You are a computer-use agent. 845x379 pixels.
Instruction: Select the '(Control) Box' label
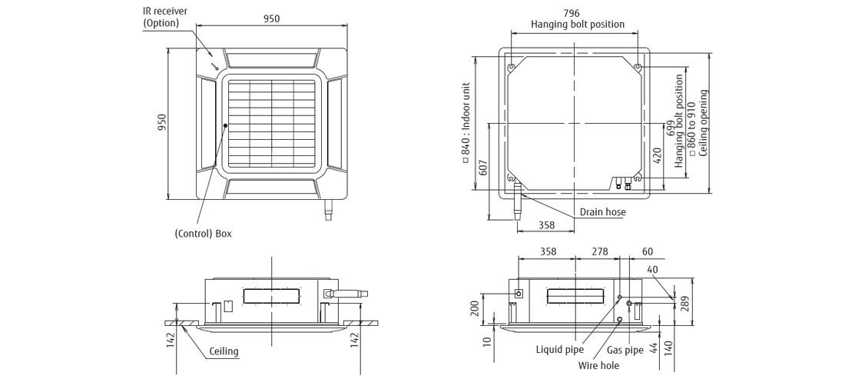pyautogui.click(x=203, y=233)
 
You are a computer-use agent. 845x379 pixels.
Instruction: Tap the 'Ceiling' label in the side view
pyautogui.click(x=224, y=352)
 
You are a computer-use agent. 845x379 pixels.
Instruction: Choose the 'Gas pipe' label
pyautogui.click(x=625, y=351)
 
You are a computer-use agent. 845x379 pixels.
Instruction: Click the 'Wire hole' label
pyautogui.click(x=598, y=366)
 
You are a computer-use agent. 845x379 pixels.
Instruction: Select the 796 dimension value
pyautogui.click(x=572, y=13)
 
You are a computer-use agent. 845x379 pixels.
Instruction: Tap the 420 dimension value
pyautogui.click(x=656, y=156)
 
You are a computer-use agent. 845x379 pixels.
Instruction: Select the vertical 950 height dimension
pyautogui.click(x=162, y=123)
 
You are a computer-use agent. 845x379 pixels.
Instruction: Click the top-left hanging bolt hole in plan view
pyautogui.click(x=512, y=68)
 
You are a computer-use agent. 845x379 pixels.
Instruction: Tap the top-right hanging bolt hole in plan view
pyautogui.click(x=638, y=68)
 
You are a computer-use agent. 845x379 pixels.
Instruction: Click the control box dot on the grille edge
pyautogui.click(x=224, y=125)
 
